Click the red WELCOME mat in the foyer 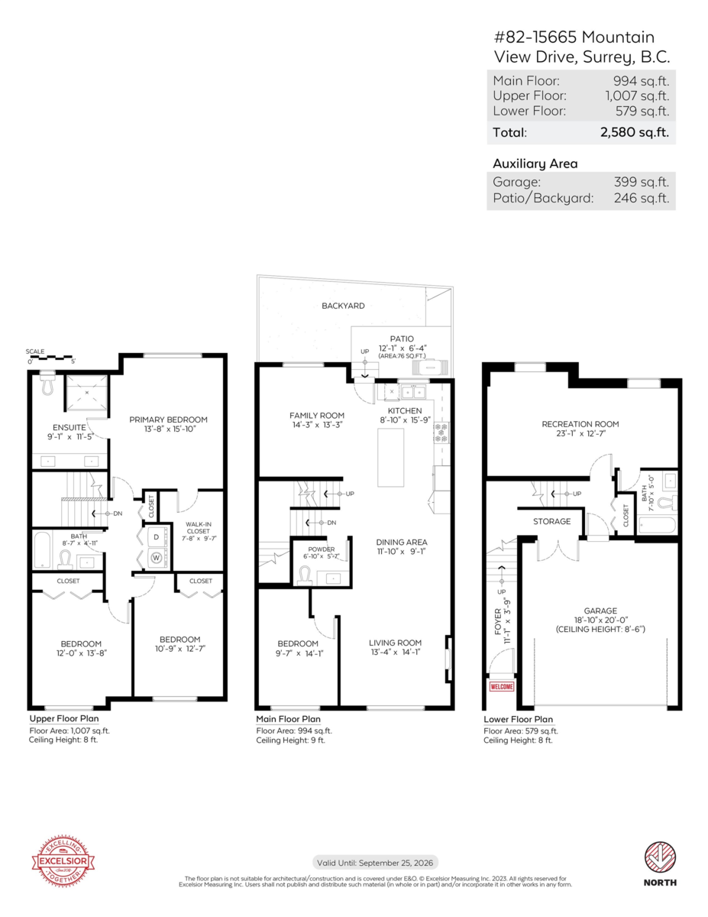pyautogui.click(x=502, y=686)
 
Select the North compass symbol pyautogui.click(x=660, y=856)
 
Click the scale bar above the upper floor pyautogui.click(x=50, y=357)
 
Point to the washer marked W pyautogui.click(x=157, y=557)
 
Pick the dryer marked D pyautogui.click(x=157, y=536)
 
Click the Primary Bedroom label pyautogui.click(x=168, y=420)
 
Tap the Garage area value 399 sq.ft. pyautogui.click(x=641, y=182)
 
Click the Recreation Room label pyautogui.click(x=580, y=424)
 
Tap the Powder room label pyautogui.click(x=322, y=549)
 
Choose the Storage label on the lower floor pyautogui.click(x=551, y=522)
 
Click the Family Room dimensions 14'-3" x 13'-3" pyautogui.click(x=316, y=424)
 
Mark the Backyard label pyautogui.click(x=343, y=306)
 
